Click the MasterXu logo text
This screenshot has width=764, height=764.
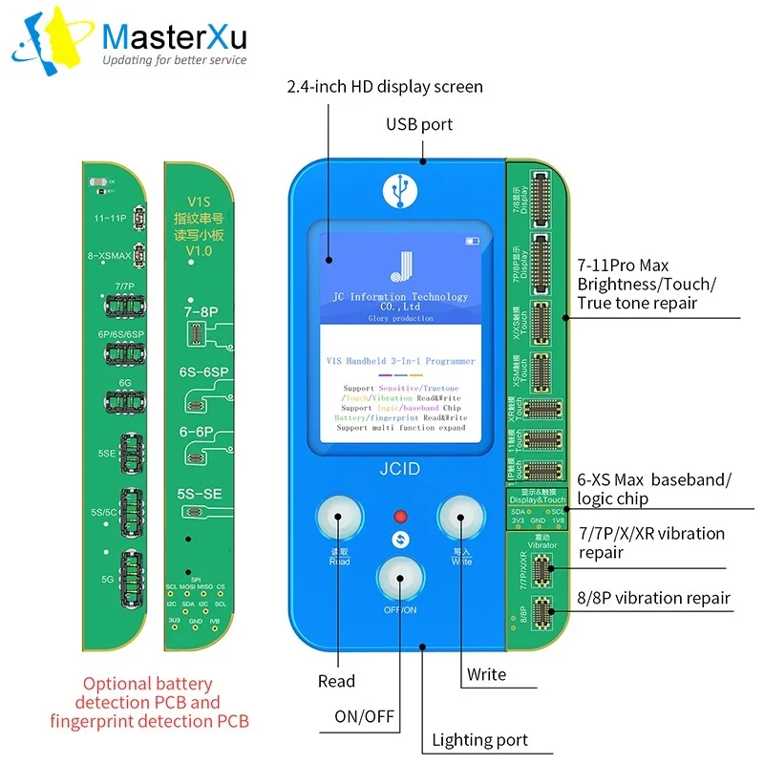[174, 38]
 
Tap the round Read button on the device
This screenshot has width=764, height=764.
[337, 521]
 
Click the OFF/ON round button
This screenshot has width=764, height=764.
[399, 577]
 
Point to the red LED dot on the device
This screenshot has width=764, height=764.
[399, 517]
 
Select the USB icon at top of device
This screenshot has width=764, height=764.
[398, 189]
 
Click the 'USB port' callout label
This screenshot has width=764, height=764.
[419, 124]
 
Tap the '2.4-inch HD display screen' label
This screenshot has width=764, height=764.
[385, 87]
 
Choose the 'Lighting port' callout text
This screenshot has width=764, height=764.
[479, 739]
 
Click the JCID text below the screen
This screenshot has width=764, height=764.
[398, 470]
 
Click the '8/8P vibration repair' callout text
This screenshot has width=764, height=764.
[654, 599]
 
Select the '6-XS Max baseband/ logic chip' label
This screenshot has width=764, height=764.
[654, 488]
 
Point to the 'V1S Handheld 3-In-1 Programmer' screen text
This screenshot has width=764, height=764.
[398, 361]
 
